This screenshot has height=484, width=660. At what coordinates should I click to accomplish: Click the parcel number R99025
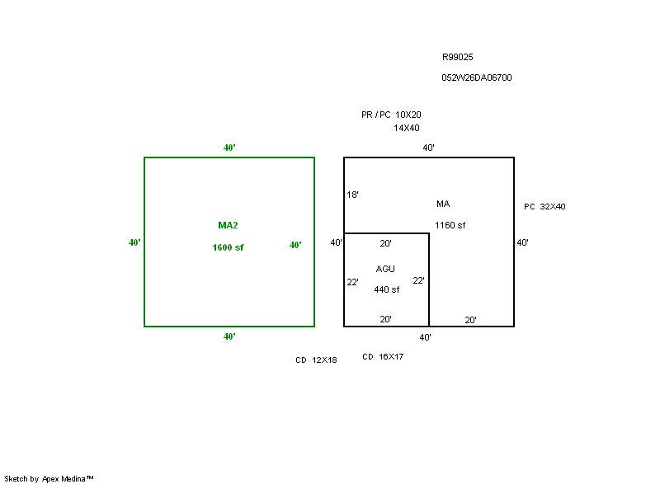[x=457, y=58]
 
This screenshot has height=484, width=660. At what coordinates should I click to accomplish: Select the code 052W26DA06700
[x=477, y=78]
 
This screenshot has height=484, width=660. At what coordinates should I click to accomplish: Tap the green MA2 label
[x=228, y=225]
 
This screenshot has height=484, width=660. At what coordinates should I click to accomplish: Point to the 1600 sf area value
[x=228, y=247]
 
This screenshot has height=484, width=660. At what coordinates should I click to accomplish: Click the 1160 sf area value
[x=450, y=225]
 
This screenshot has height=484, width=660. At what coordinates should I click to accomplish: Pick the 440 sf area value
[x=386, y=289]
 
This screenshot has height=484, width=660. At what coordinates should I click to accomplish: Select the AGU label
[x=385, y=269]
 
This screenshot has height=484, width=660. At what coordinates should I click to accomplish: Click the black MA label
[x=443, y=204]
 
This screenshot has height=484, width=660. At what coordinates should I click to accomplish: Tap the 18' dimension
[x=352, y=195]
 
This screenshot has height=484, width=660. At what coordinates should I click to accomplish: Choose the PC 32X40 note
[x=544, y=207]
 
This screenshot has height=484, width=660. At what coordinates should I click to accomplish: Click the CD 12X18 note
[x=316, y=360]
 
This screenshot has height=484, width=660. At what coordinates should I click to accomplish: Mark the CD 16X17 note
[x=383, y=357]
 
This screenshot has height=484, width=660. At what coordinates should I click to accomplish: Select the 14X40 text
[x=406, y=128]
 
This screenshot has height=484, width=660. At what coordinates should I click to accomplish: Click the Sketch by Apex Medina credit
[x=49, y=478]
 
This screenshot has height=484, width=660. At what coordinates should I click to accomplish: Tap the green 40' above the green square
[x=229, y=148]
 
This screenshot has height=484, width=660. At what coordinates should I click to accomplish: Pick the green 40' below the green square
[x=229, y=336]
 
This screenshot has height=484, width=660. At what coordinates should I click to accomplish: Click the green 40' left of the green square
[x=134, y=243]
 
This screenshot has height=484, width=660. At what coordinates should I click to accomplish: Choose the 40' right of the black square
[x=522, y=243]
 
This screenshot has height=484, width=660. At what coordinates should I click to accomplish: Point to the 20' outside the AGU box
[x=470, y=320]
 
